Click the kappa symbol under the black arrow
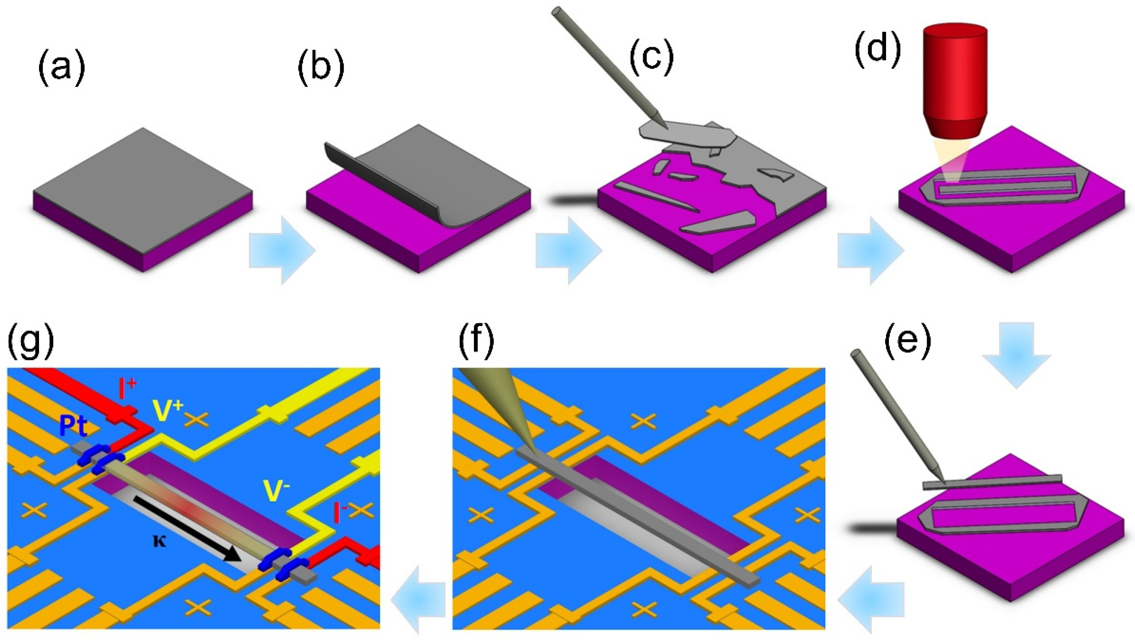(159, 541)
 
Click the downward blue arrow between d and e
(1017, 353)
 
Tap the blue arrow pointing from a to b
(282, 250)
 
